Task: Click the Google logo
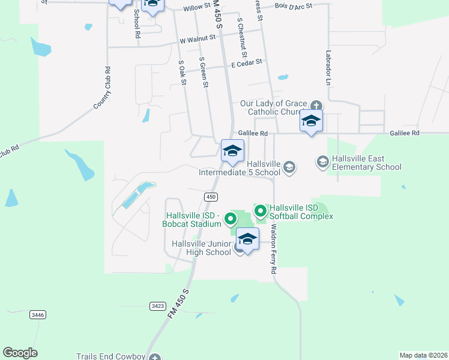click(20, 353)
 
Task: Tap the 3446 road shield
click(37, 314)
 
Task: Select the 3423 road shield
click(157, 306)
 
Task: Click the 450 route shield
click(210, 197)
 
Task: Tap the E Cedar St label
click(247, 62)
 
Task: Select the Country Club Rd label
click(103, 88)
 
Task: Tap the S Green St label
click(203, 73)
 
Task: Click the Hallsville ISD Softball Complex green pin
click(261, 211)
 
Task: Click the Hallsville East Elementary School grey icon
click(322, 161)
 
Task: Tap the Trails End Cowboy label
click(111, 356)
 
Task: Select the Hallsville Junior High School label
click(202, 248)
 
